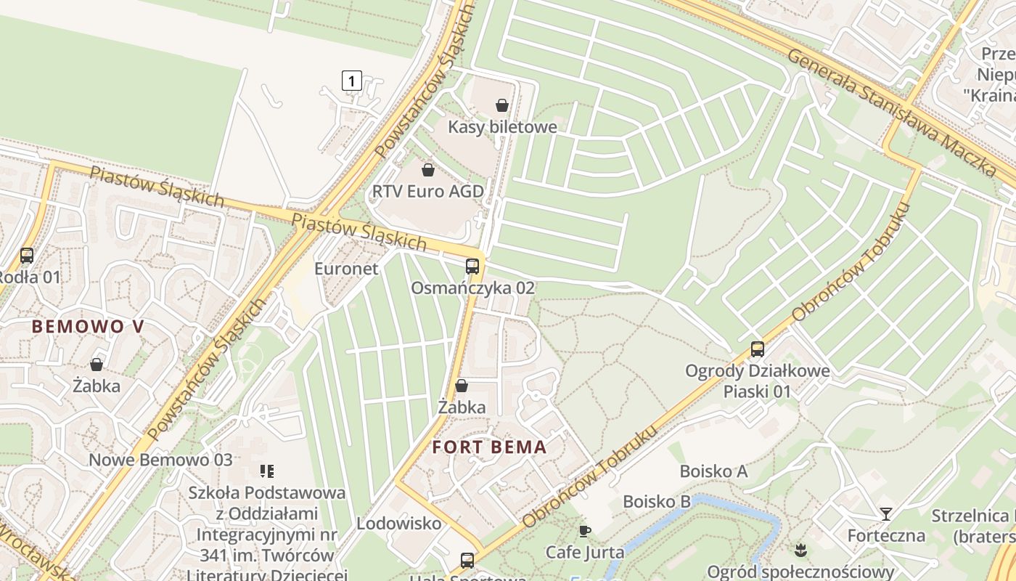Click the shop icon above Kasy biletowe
pos(501,105)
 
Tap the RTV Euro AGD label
pos(427,192)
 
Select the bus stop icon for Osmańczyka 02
pos(472,267)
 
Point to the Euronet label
pos(346,269)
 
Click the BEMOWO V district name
pos(88,327)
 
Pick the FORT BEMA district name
pos(489,447)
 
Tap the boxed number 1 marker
pos(351,80)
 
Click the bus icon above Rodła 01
pos(27,256)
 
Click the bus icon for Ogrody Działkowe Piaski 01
pos(757,349)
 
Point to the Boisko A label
pos(713,471)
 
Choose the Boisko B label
pos(656,502)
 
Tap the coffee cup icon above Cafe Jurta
pos(585,531)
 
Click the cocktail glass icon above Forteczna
pos(885,514)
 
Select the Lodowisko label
pos(398,523)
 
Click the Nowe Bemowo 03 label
pos(160,460)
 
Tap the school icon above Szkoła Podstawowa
pos(266,471)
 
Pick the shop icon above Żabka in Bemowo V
pos(96,365)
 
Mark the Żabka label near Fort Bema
pos(462,407)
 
